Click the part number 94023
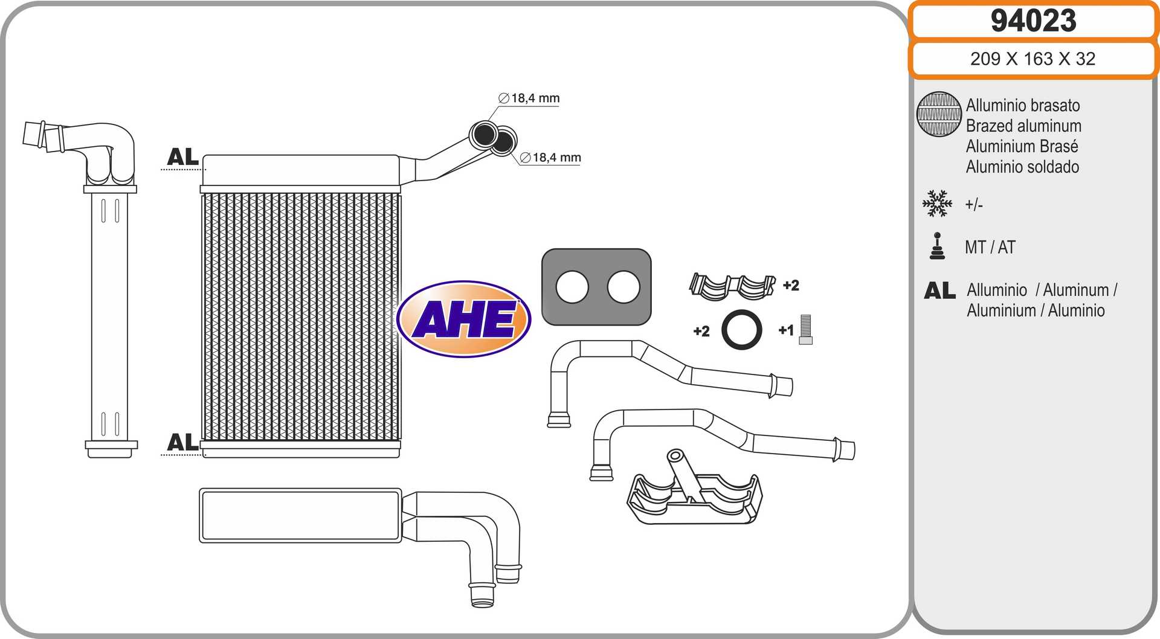click(x=1033, y=21)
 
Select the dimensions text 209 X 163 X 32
click(x=1033, y=59)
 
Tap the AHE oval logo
click(x=464, y=318)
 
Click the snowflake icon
click(x=937, y=204)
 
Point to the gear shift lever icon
click(x=937, y=246)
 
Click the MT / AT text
click(x=990, y=247)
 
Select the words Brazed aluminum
click(x=1023, y=126)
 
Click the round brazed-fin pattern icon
click(x=938, y=114)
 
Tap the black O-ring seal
click(x=741, y=330)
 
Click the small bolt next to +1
click(x=805, y=330)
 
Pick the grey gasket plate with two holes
click(x=596, y=287)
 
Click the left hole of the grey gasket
click(x=572, y=287)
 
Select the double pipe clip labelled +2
click(x=732, y=286)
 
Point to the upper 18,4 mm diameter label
click(x=530, y=98)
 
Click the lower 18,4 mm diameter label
click(x=550, y=158)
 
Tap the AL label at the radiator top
click(x=182, y=157)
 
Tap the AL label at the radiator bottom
click(x=182, y=442)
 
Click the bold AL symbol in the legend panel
click(x=939, y=291)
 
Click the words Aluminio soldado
click(x=1022, y=167)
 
